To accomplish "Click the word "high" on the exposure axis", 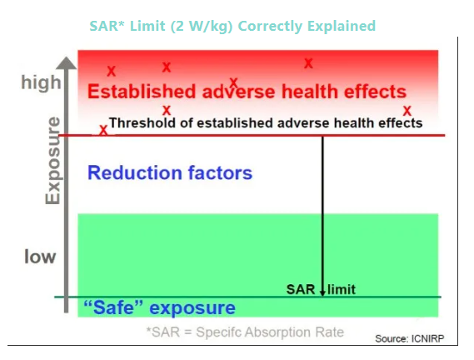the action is (41, 83).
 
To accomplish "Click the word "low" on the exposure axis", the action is (40, 257).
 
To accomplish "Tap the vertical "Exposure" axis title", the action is (53, 160).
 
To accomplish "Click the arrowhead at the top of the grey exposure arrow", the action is (66, 63).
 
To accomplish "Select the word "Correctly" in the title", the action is (270, 27).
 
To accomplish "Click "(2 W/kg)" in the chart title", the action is (202, 27).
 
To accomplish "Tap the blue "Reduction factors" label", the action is (170, 172).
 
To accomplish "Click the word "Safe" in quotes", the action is (113, 307).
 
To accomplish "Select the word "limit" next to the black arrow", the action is (342, 290).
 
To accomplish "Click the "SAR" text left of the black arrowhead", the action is (301, 290).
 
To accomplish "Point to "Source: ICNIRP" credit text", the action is (410, 338).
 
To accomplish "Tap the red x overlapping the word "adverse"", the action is (234, 82).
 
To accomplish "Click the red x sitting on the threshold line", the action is (103, 130).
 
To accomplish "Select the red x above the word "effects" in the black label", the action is (407, 111).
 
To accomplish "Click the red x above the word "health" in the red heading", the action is (308, 63).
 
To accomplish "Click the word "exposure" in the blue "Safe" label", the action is (192, 308).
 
